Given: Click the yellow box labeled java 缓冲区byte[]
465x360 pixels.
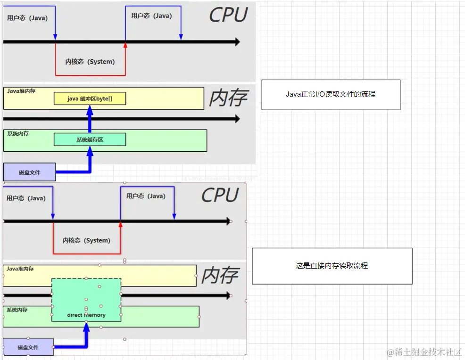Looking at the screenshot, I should [90, 98].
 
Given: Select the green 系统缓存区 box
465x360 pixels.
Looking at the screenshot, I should [90, 139].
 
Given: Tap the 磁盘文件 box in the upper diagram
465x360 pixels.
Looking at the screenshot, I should [29, 172].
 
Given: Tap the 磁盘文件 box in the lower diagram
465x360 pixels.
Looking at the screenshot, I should [28, 347].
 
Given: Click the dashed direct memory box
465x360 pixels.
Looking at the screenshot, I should [86, 300].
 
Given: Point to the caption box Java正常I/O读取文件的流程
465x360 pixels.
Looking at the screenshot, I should [331, 94].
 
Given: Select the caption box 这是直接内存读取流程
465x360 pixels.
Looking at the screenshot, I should [332, 266].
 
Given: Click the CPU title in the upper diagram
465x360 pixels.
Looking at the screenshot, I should [228, 15].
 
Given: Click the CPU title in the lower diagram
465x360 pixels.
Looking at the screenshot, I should [220, 195].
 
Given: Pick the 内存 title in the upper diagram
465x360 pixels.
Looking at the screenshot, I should [228, 98].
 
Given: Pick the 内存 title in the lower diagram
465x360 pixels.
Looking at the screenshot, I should [220, 276].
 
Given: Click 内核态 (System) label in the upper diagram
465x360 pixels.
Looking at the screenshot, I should [90, 62].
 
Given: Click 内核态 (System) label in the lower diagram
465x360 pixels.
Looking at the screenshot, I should [86, 240].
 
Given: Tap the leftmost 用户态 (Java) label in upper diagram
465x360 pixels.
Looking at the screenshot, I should [26, 18].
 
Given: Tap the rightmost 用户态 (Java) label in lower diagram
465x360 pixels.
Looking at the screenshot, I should [146, 196].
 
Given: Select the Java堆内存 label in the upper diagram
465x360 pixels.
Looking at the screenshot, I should [21, 91].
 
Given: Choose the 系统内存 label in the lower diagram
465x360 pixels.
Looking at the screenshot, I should [17, 310].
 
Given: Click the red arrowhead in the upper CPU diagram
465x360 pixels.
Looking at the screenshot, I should [125, 45].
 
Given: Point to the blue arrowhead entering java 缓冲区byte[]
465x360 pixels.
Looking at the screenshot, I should [90, 109].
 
